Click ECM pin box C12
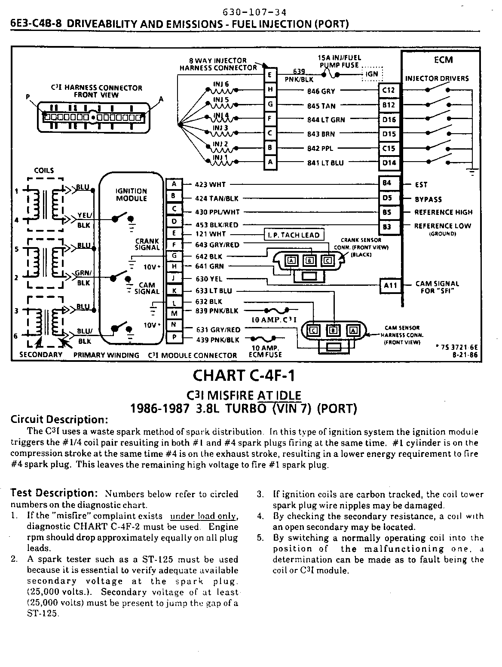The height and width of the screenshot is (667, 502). [389, 90]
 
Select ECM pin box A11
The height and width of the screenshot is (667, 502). [390, 285]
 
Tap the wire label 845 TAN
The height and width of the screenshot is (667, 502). [321, 106]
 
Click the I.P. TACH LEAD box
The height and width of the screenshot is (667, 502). [294, 235]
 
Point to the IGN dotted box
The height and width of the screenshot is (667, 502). [371, 74]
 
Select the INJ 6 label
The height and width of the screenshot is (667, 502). [221, 84]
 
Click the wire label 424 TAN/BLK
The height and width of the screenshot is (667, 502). [217, 199]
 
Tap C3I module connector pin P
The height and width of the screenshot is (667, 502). [174, 338]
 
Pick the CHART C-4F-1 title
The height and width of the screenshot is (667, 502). [244, 376]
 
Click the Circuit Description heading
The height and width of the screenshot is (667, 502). [59, 419]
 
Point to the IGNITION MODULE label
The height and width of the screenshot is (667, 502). [131, 195]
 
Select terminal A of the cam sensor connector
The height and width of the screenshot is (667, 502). [353, 330]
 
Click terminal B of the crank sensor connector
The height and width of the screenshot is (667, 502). [309, 260]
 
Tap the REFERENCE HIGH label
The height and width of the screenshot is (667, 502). [443, 212]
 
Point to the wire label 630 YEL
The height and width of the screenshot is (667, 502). [209, 279]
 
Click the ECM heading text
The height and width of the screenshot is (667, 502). [443, 60]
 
